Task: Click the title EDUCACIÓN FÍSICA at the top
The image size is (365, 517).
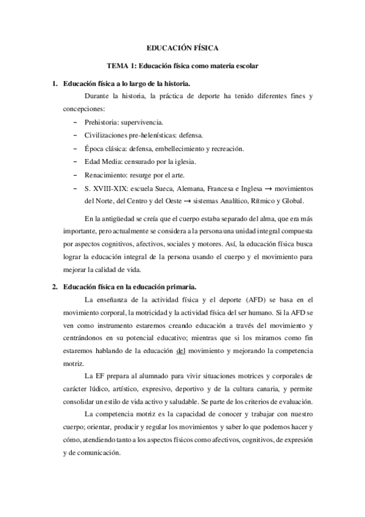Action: tap(182, 47)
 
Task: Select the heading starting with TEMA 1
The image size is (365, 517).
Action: tap(182, 65)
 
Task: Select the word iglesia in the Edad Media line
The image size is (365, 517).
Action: tap(180, 162)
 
